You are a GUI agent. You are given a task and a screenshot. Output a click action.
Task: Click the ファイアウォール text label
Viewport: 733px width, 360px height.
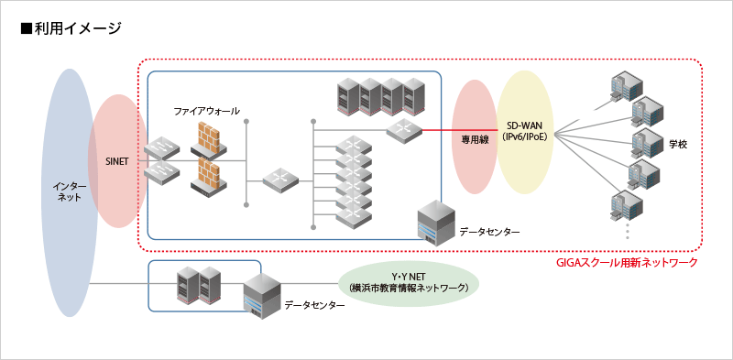(x=207, y=111)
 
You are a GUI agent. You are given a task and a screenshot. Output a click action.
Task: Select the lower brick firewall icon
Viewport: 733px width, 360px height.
(x=208, y=176)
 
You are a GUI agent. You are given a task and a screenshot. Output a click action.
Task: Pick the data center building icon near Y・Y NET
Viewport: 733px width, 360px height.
(x=261, y=296)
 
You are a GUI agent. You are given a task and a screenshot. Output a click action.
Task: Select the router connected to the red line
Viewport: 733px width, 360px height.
(x=403, y=130)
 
